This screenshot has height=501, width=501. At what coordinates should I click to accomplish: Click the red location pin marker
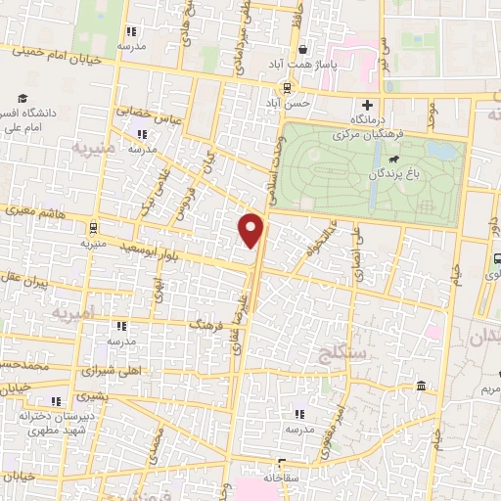[251, 230]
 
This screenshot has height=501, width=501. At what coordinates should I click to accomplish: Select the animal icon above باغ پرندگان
[392, 158]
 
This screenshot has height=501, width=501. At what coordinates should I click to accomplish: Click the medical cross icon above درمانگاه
[368, 105]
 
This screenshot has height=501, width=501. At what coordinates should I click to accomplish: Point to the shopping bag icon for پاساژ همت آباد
[304, 48]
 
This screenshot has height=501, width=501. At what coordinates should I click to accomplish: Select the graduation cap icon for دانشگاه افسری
[22, 97]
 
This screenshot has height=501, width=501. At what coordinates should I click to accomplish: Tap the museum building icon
[420, 385]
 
